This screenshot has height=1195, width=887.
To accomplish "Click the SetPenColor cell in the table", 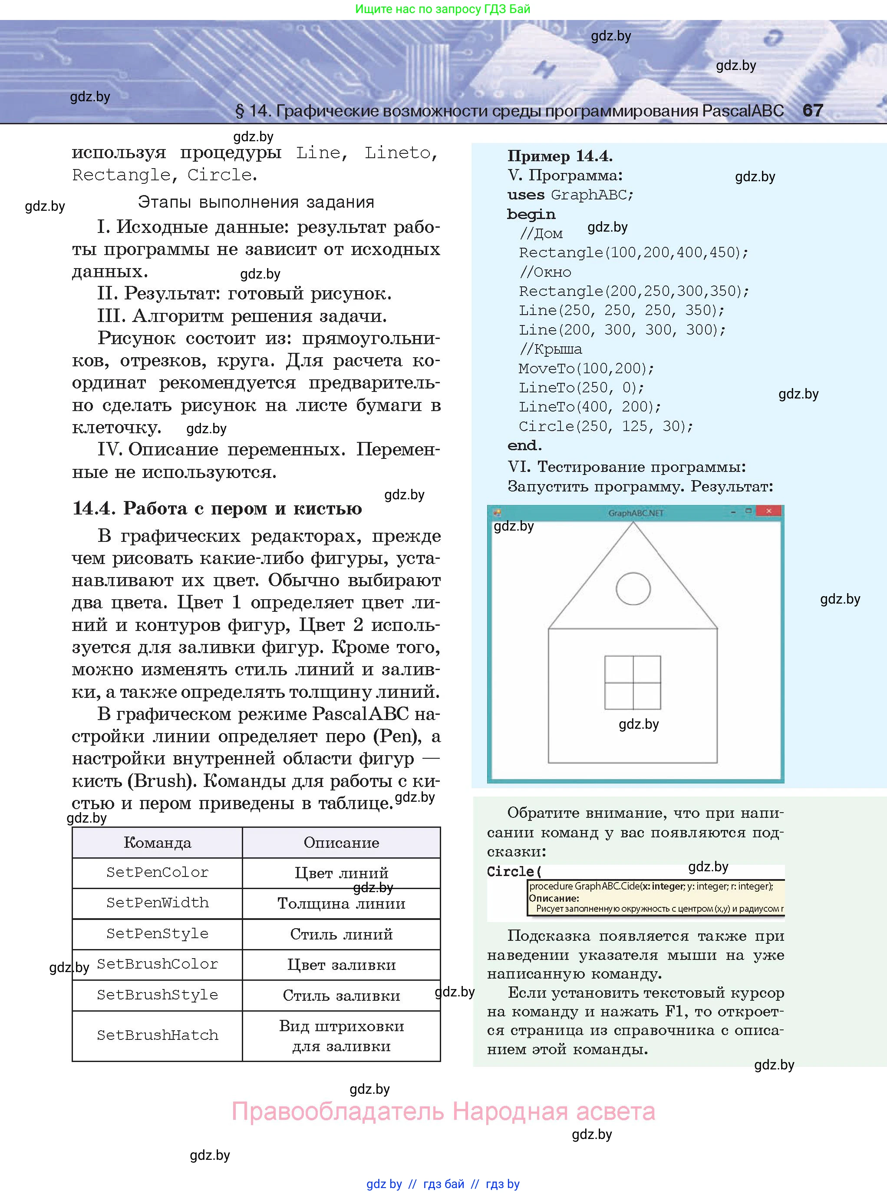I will coord(157,872).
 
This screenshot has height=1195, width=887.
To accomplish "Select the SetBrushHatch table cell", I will coord(157,1035).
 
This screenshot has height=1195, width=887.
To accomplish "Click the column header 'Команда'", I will coord(157,842).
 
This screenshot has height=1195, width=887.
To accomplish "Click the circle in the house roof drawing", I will coord(633,588).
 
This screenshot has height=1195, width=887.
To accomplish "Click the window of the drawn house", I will coord(633,682).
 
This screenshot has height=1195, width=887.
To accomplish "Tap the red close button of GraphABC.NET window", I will coord(768,511).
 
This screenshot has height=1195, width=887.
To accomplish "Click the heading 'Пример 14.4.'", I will coord(560,156).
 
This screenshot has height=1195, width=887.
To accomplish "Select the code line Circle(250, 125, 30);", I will coord(606,426).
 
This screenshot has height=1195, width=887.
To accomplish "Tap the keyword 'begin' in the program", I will coord(531,214).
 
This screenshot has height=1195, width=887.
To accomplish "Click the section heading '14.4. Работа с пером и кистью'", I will coord(217,508).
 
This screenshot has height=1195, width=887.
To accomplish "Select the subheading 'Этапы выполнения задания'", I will coord(256,202).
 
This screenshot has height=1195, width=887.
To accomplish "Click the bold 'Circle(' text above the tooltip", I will coord(514,872).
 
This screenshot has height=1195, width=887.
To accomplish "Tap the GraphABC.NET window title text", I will coord(636,513).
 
